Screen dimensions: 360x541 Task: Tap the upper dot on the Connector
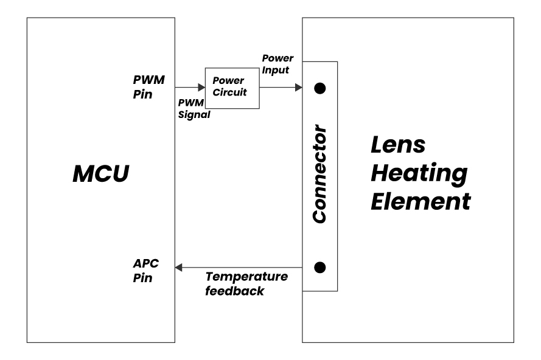pos(319,88)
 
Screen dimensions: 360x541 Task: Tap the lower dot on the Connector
pos(319,267)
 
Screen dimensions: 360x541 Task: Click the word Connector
pos(319,175)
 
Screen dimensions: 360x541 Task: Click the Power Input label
pos(277,64)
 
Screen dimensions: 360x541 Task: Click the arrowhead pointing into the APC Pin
pos(178,267)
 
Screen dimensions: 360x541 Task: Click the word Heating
pos(419,174)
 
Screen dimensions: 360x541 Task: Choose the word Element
pos(421,201)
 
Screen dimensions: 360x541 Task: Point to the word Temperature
pos(246,277)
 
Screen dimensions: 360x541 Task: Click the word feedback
pos(235,291)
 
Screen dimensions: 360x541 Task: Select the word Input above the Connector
pos(276,70)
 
